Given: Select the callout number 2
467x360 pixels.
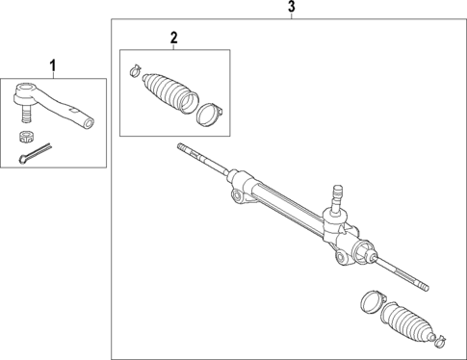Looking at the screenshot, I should tap(173, 38).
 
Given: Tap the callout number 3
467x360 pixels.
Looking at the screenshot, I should tap(292, 8).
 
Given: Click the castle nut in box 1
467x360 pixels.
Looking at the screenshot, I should tap(29, 134).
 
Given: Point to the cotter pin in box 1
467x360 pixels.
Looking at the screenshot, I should tap(35, 153).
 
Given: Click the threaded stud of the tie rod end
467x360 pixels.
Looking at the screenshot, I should tap(28, 114).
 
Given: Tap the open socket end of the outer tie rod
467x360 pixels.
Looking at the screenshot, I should tap(90, 121).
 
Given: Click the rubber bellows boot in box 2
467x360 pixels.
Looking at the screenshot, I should tap(168, 91).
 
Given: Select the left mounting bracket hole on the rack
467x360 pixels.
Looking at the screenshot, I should tap(236, 196).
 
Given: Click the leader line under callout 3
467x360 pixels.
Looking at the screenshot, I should tap(292, 16).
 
